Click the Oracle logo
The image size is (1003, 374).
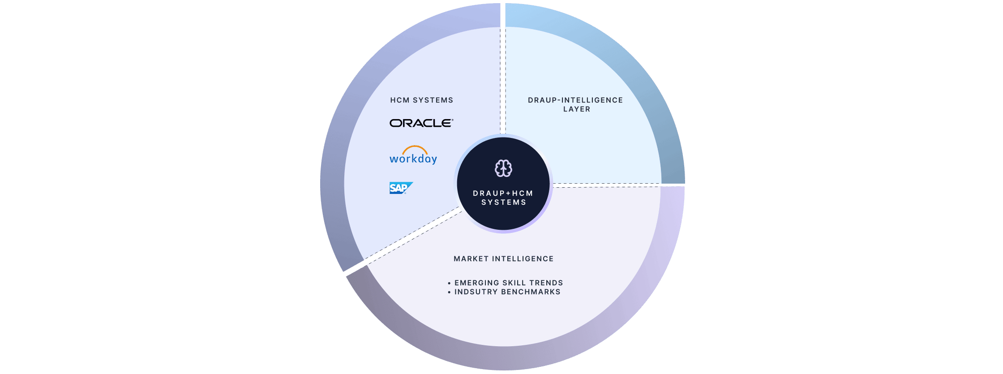421,123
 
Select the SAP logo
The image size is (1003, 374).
400,188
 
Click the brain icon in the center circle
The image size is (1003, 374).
503,168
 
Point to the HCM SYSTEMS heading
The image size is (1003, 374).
421,100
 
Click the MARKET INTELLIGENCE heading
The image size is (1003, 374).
503,259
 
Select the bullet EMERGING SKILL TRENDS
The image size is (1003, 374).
508,283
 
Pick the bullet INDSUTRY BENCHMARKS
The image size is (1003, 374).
507,292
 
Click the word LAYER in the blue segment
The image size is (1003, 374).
576,109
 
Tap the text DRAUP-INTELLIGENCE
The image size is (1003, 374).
575,100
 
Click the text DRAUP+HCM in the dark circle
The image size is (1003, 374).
503,193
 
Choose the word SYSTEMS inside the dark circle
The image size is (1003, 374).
504,202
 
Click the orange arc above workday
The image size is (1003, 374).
415,148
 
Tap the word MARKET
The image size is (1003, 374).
471,259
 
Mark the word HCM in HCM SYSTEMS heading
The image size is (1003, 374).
400,100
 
